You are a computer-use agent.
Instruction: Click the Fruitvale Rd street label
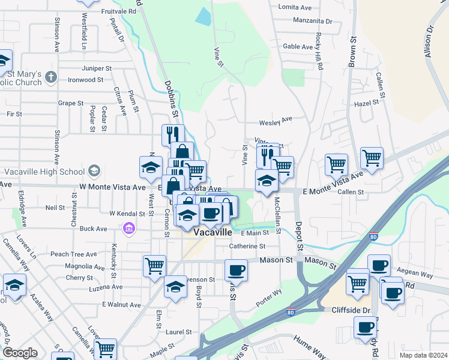(118, 11)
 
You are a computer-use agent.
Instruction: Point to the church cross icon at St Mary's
(51, 77)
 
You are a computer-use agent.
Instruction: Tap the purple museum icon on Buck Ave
(128, 229)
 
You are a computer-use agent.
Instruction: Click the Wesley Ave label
(275, 122)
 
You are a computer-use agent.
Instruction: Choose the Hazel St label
(367, 103)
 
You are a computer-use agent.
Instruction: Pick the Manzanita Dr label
(312, 20)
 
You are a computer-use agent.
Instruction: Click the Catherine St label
(247, 246)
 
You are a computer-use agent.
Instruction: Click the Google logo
(20, 353)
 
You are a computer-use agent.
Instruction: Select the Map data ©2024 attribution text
(423, 355)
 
